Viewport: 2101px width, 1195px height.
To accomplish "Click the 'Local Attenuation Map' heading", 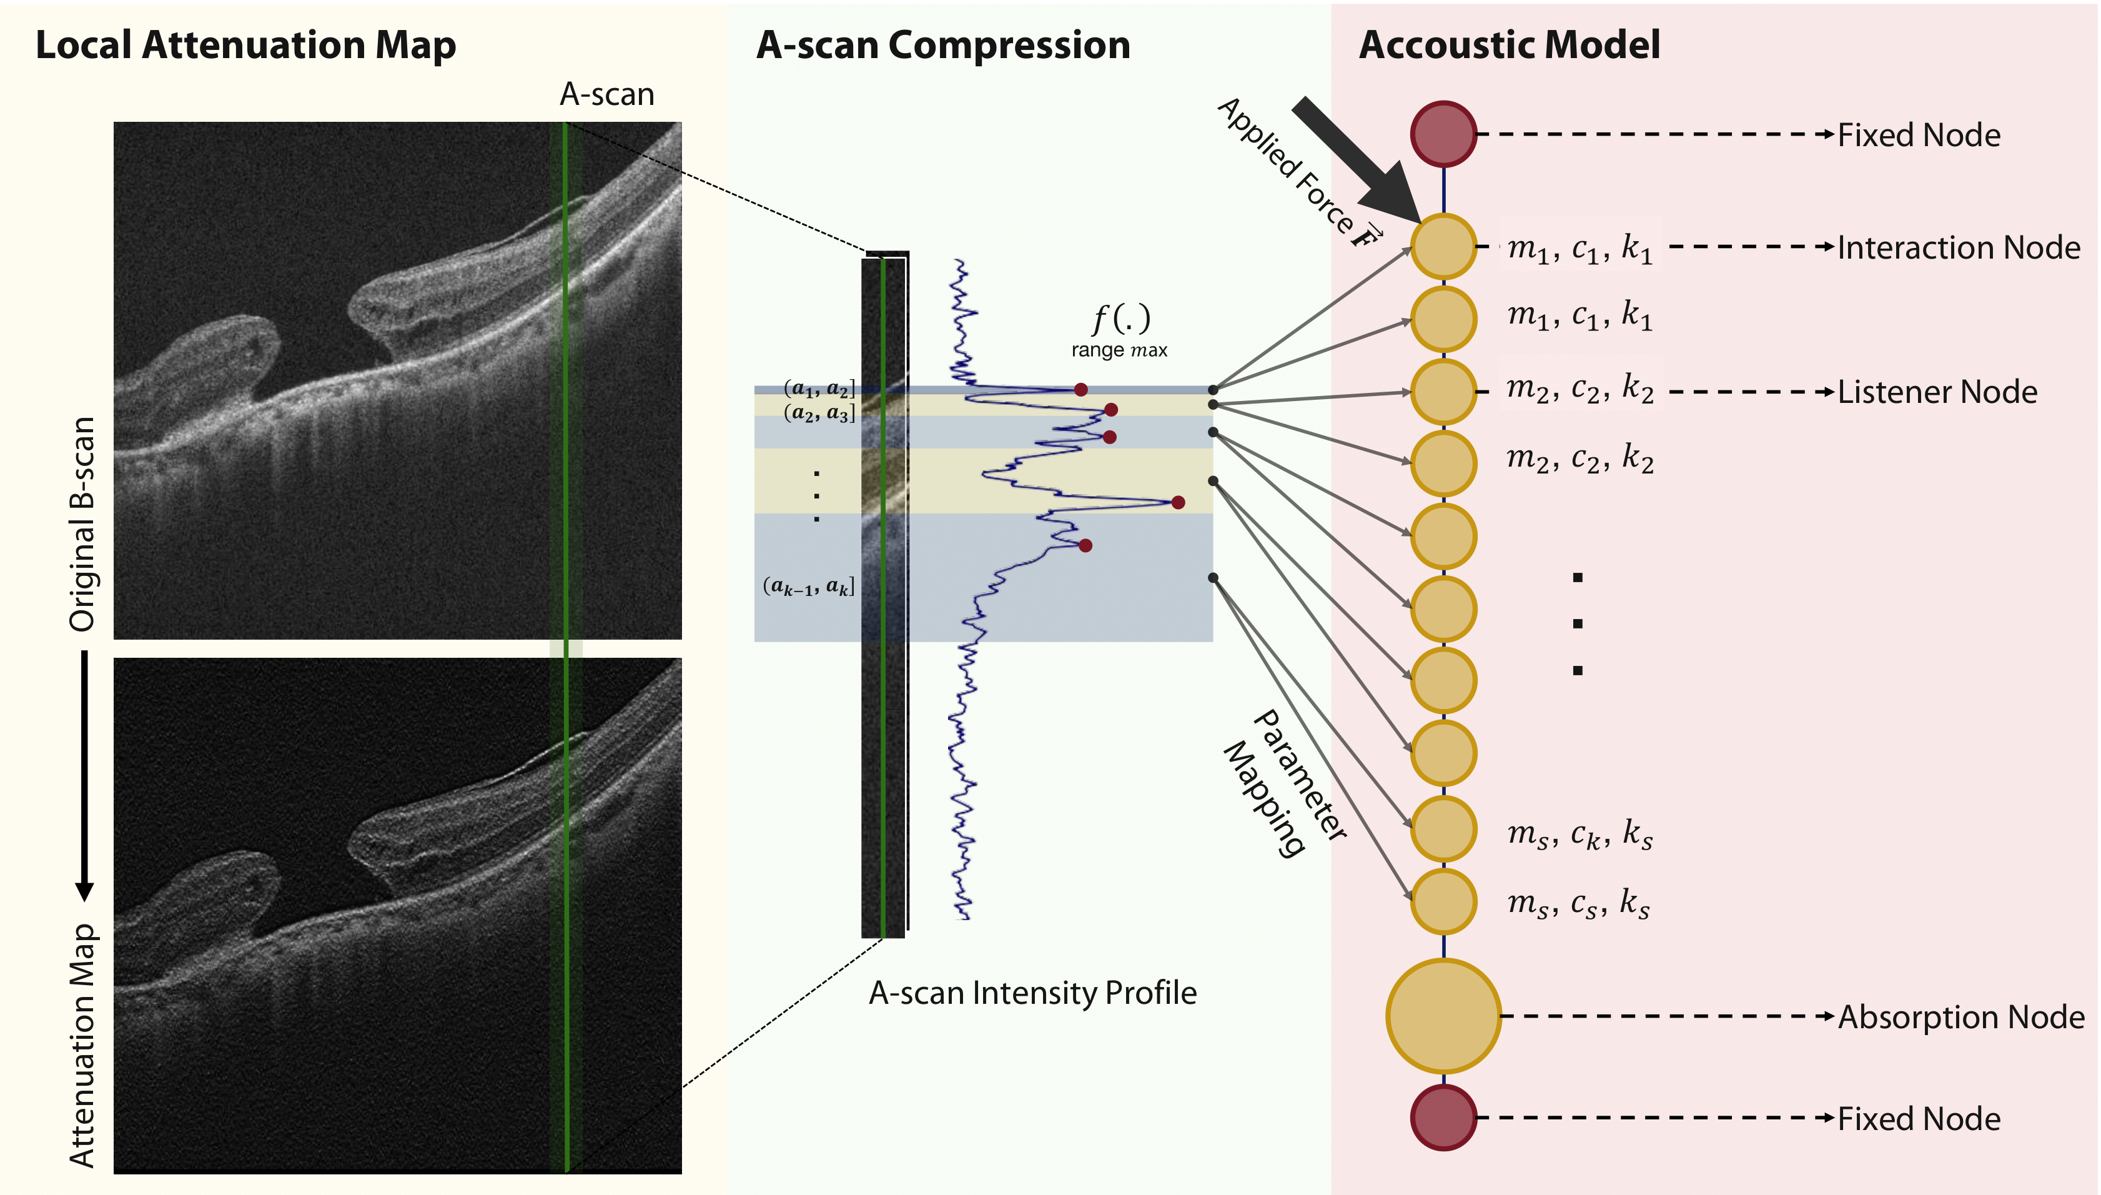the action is (x=245, y=45).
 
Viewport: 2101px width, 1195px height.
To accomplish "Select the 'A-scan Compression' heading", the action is (x=942, y=45).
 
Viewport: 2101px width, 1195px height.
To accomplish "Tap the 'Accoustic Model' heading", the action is (x=1510, y=44).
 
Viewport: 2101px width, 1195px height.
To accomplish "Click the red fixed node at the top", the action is (x=1443, y=134).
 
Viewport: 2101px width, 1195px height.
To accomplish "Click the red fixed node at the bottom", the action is (x=1443, y=1117).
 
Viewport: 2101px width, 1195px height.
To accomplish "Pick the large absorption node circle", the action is (x=1443, y=1016).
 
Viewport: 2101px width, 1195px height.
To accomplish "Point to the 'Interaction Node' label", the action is (x=1958, y=247).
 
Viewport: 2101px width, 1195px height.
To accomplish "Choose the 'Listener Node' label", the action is (x=1937, y=392).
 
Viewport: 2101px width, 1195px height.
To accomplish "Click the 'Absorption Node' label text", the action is (x=1960, y=1017).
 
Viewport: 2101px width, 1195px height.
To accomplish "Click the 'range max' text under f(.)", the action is (x=1119, y=350).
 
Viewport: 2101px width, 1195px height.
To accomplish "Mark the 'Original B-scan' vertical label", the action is (x=82, y=523).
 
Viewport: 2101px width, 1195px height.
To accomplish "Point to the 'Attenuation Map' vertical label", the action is (x=82, y=1045).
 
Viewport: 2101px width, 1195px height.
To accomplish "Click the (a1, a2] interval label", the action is (x=819, y=388).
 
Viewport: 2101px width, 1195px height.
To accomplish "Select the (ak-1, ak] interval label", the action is (x=809, y=586).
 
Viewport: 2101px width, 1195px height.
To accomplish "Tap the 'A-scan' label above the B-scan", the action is (x=607, y=95).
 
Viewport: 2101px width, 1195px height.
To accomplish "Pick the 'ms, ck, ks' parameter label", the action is (x=1579, y=834).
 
